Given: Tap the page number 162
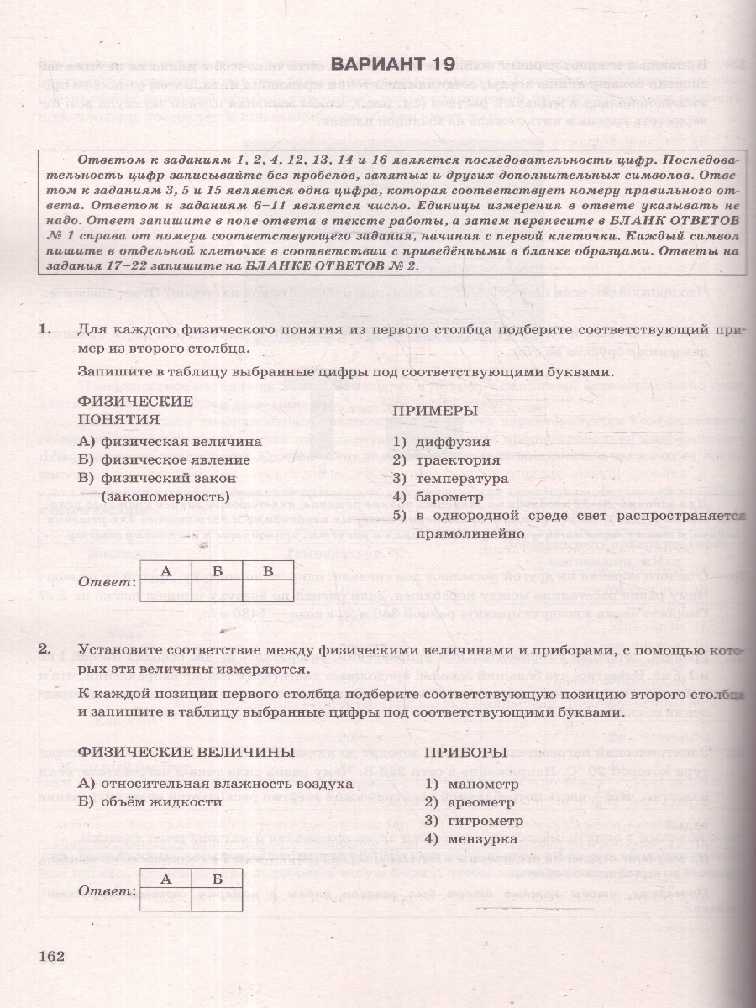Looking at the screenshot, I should coord(52,957).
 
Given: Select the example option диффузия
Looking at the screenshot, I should coord(449,442).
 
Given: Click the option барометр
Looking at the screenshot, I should coord(453,496).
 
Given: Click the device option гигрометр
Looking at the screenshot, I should coord(463,820).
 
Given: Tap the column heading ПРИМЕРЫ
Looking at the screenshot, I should coord(435,411).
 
